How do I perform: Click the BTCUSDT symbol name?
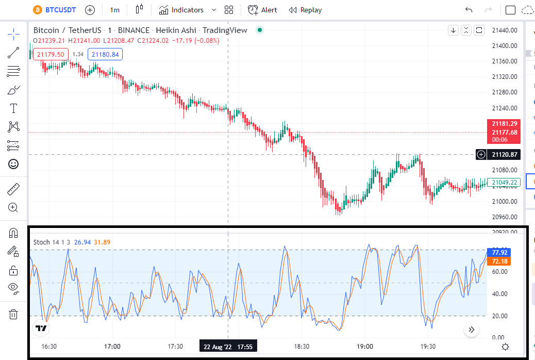click(x=60, y=10)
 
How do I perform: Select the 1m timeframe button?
click(x=114, y=10)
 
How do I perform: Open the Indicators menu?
click(x=181, y=10)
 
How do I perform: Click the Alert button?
click(x=262, y=10)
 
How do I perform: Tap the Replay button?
click(x=305, y=10)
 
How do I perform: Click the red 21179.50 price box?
click(x=51, y=54)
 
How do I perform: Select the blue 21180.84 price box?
click(x=105, y=54)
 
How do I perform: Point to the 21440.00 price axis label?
click(x=505, y=30)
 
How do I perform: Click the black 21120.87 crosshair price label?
click(x=504, y=154)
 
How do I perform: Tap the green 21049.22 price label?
click(x=504, y=183)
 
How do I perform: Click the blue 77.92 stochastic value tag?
click(x=499, y=252)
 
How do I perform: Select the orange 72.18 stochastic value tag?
click(x=499, y=261)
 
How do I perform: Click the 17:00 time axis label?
click(x=112, y=347)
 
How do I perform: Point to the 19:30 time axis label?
click(x=428, y=347)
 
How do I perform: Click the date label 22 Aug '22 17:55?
click(x=228, y=347)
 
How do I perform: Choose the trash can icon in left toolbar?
click(x=13, y=314)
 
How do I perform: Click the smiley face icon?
click(x=13, y=165)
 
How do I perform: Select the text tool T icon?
click(x=13, y=108)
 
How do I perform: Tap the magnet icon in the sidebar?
click(x=13, y=233)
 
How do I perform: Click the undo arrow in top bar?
click(x=469, y=10)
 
